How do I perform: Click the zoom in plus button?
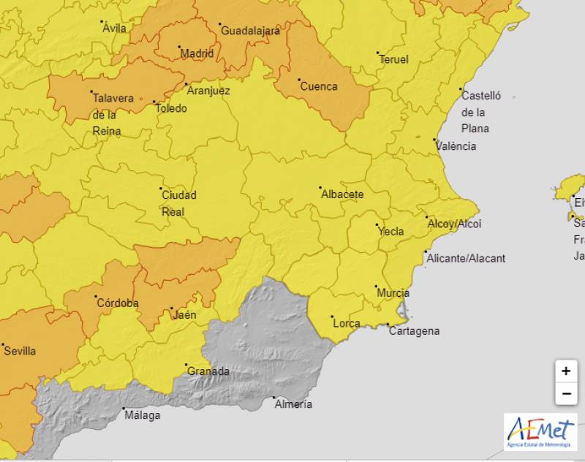[x=565, y=371]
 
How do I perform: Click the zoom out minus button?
[x=565, y=394]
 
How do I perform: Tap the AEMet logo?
[x=540, y=431]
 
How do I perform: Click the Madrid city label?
[x=197, y=53]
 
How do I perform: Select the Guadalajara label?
[x=250, y=31]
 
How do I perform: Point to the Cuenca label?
[x=319, y=86]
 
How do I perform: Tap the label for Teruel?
[x=393, y=60]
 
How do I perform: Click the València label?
[x=456, y=146]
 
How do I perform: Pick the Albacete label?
[x=342, y=194]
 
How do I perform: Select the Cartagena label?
[x=415, y=331]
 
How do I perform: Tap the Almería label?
[x=292, y=404]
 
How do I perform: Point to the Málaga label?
[x=142, y=415]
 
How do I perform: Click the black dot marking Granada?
[x=186, y=365]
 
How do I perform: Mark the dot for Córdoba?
[x=97, y=297]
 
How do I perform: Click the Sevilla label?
[x=20, y=351]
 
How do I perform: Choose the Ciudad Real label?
[x=178, y=203]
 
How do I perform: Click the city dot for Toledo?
[x=154, y=102]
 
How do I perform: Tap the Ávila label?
[x=115, y=29]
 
